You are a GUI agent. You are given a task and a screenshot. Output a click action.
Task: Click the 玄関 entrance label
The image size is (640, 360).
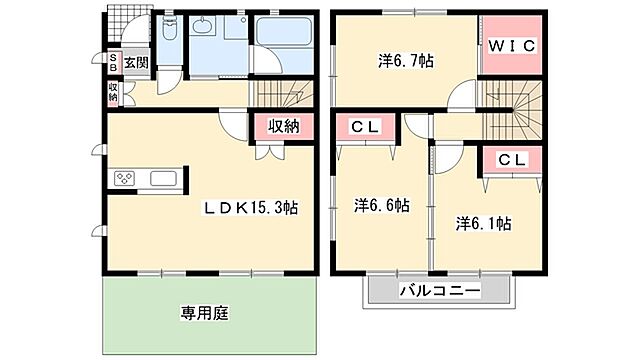(x=136, y=62)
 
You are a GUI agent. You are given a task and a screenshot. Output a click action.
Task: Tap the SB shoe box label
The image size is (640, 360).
(x=114, y=62)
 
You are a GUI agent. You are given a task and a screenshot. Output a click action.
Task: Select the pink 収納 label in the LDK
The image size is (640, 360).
(x=284, y=126)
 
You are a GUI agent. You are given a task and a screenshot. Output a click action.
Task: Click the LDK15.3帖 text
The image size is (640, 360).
(x=251, y=208)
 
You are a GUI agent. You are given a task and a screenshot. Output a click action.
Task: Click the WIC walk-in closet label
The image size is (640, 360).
(x=511, y=45)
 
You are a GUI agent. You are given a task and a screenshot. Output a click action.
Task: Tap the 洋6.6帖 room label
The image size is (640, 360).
(x=381, y=205)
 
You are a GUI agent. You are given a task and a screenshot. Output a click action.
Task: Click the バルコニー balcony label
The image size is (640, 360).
(x=439, y=291)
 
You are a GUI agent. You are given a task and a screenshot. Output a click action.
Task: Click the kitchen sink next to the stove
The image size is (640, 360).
(x=163, y=180)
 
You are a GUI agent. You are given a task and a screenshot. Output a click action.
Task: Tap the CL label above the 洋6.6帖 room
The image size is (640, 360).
(x=363, y=128)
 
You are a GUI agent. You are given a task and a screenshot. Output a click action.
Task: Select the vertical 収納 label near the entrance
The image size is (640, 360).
(x=114, y=92)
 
